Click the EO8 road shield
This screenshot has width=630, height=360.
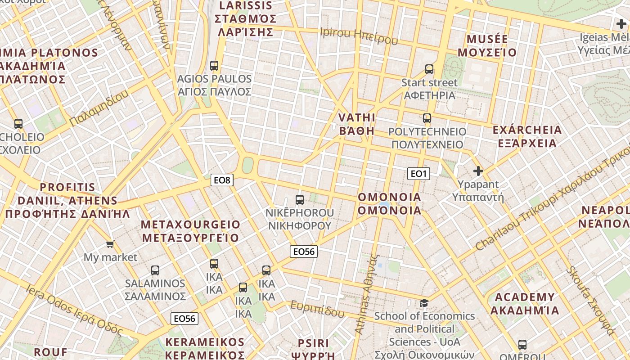tap(222, 180)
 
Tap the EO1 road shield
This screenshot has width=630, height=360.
tap(418, 174)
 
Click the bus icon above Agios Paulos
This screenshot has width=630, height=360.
tap(214, 65)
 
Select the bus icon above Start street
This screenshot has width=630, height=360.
tap(429, 69)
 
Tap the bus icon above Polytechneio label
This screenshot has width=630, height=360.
tap(427, 118)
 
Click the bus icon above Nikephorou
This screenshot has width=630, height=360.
tap(300, 200)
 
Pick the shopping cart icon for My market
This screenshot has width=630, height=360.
tap(110, 244)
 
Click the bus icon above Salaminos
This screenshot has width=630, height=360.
tap(155, 270)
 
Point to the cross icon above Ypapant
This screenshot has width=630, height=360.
tap(478, 171)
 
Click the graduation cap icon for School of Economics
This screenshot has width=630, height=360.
tap(424, 303)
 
